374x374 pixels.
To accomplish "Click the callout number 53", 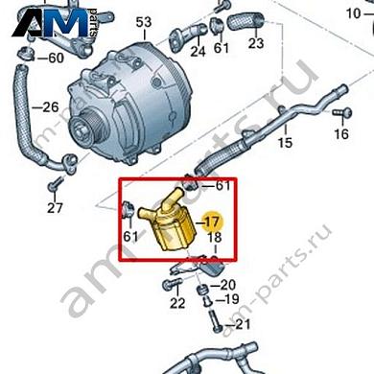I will click(x=144, y=22).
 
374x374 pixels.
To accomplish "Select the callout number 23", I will click(x=255, y=43).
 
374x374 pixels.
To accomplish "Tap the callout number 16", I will click(x=342, y=134).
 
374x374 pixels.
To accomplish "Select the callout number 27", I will click(x=55, y=208).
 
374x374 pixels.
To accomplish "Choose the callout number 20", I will click(x=227, y=285).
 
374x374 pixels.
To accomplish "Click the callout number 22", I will click(x=175, y=304).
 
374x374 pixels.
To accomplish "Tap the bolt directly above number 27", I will click(x=57, y=183).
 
